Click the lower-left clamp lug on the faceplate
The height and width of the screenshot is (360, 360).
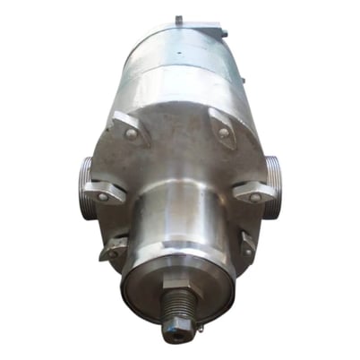[x=115, y=249]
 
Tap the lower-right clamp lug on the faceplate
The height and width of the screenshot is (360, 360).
[x=245, y=242]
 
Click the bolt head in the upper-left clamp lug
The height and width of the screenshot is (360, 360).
[x=132, y=133]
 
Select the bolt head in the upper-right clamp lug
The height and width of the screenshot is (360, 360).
[x=223, y=133]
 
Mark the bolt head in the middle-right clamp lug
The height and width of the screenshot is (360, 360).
[x=256, y=195]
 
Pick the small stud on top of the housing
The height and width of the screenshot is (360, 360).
[x=177, y=20]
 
